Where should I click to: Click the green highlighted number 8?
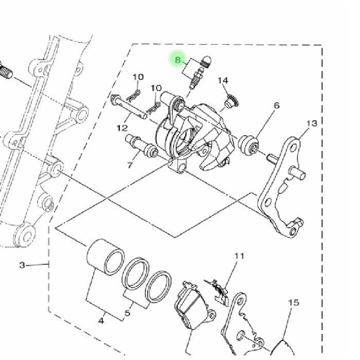coord(178,60)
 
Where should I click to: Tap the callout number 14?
coord(223,81)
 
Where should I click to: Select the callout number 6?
coord(277,105)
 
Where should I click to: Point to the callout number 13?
coord(312,123)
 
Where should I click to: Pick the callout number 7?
coord(130,165)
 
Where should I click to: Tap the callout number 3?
coord(22,265)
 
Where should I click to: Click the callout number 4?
coord(101,321)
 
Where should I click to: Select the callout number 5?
coord(127,313)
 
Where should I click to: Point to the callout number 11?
coord(239,256)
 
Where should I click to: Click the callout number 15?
coord(293,303)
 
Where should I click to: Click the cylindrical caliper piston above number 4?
coord(104,255)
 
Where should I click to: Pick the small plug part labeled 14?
coord(229,103)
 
